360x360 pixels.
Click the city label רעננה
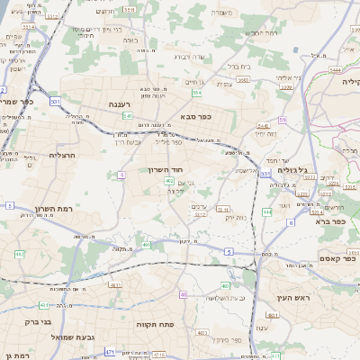click(x=120, y=104)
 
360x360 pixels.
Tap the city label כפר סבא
click(x=194, y=116)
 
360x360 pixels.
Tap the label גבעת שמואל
click(x=54, y=337)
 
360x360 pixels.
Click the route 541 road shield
click(x=129, y=116)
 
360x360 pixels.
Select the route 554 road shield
click(x=196, y=92)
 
